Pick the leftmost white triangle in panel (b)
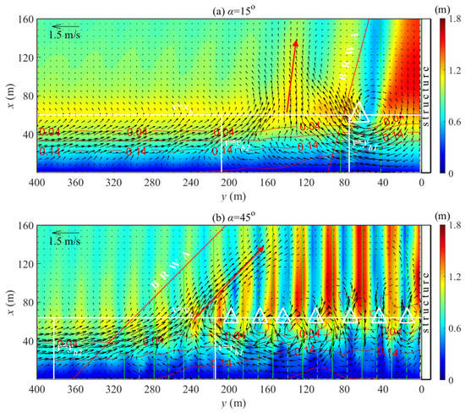(x=228, y=317)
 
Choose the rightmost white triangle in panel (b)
(x=407, y=317)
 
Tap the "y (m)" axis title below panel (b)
(x=228, y=404)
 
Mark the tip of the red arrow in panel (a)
(x=295, y=41)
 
